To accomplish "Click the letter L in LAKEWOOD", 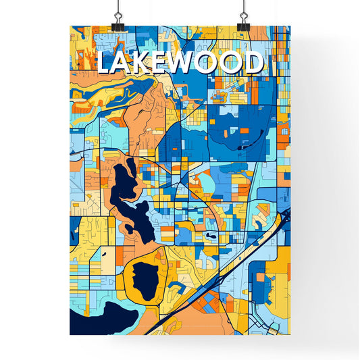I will coord(105,63).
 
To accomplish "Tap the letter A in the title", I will coord(125,63).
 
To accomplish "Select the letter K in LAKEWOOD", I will coord(145,63).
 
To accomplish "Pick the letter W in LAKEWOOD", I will coord(188,63).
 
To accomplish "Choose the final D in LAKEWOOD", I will coord(253,63).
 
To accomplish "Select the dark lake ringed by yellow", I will coord(144,278).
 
